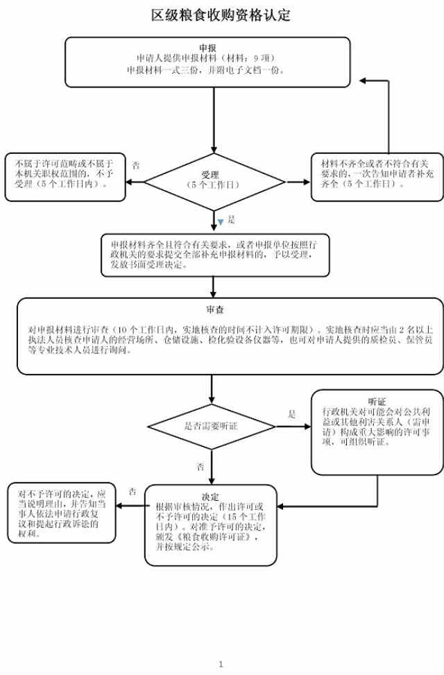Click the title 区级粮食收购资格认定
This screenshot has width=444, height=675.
(221, 15)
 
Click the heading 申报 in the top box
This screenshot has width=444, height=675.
(207, 47)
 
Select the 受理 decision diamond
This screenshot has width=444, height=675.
(214, 182)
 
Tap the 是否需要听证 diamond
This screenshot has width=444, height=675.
(212, 425)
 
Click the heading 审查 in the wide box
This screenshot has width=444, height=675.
(214, 309)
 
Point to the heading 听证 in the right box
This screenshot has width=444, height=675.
(377, 402)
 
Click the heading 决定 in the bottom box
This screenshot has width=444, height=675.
(210, 497)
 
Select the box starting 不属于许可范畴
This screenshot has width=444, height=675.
(65, 176)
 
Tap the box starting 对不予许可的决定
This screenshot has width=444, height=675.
(62, 512)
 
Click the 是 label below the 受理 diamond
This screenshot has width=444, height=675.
(232, 219)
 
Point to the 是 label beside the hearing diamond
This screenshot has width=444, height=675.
(292, 414)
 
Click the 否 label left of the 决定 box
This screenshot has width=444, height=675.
(132, 491)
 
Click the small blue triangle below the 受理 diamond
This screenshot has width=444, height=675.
(221, 222)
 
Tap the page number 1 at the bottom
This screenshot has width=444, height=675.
(221, 664)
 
